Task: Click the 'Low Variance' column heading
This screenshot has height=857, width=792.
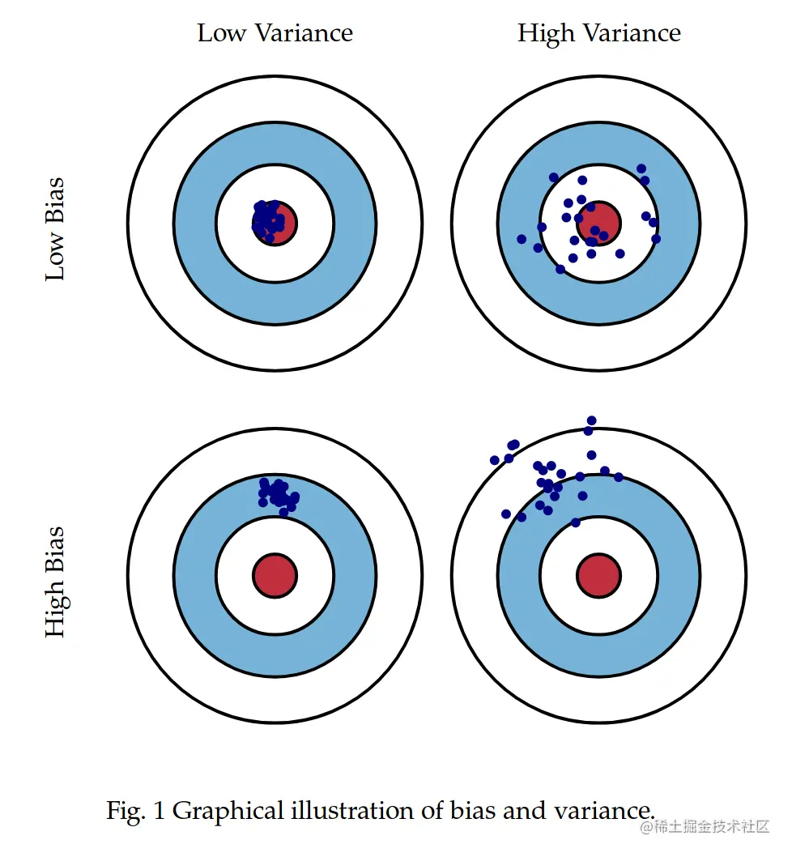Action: (275, 33)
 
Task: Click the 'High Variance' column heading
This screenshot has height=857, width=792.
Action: (599, 33)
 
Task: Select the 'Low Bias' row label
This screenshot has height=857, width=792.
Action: (55, 228)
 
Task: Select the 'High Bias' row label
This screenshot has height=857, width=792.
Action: (55, 582)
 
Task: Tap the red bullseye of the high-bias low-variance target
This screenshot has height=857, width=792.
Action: (275, 575)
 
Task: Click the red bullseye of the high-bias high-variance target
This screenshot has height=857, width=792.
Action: (598, 575)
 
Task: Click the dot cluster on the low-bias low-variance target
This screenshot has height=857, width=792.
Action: (269, 219)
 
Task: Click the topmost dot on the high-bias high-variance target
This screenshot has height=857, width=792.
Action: (591, 420)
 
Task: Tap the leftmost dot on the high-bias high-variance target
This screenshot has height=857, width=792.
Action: (495, 460)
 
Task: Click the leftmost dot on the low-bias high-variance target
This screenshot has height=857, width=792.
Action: (522, 239)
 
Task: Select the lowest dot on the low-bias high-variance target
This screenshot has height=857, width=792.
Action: (560, 269)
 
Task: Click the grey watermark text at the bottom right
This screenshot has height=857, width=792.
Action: (705, 827)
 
